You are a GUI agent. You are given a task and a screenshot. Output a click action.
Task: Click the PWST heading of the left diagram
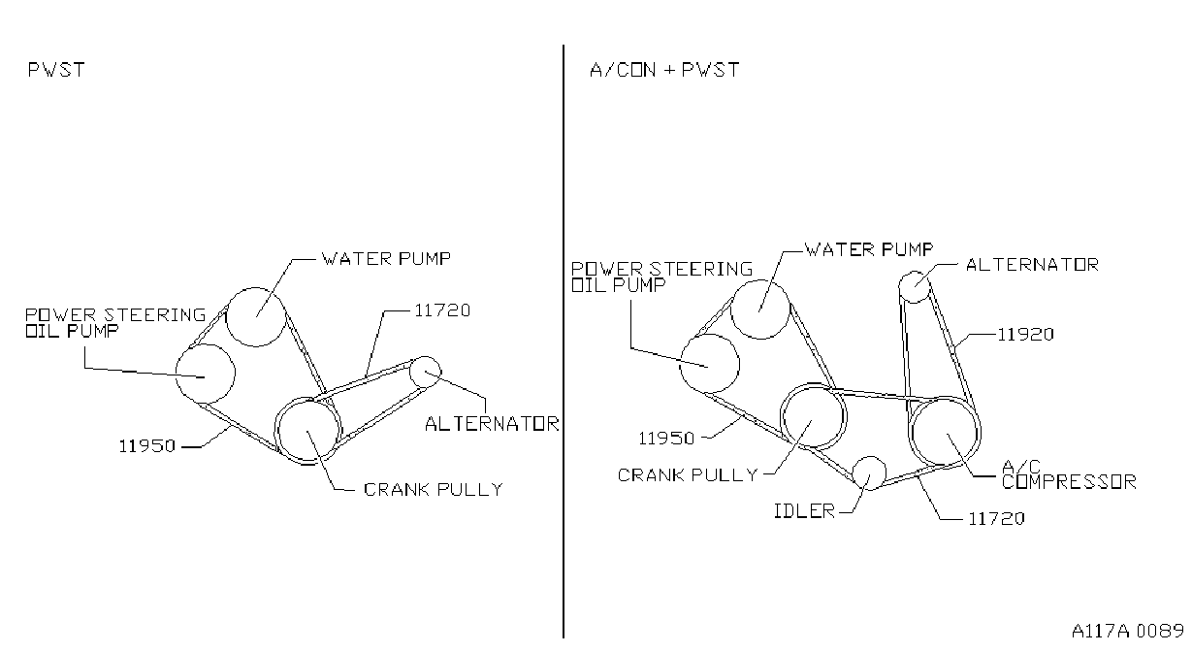[56, 70]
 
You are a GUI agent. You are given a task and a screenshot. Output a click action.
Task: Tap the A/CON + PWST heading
[664, 70]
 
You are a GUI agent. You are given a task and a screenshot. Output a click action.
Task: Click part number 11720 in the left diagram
[442, 310]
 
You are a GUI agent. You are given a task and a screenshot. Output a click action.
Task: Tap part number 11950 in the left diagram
[146, 446]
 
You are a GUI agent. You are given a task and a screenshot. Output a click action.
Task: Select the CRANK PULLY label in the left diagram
[434, 490]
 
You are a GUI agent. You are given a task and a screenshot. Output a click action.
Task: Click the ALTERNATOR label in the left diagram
[492, 424]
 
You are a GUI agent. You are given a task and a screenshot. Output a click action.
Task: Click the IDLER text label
[804, 511]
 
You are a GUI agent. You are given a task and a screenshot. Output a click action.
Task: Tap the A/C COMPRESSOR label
[1069, 474]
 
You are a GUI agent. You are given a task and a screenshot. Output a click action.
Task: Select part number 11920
[1025, 335]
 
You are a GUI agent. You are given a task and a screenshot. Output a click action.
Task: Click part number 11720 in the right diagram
[996, 518]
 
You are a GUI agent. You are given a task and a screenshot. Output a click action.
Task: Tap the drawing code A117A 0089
[1128, 631]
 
